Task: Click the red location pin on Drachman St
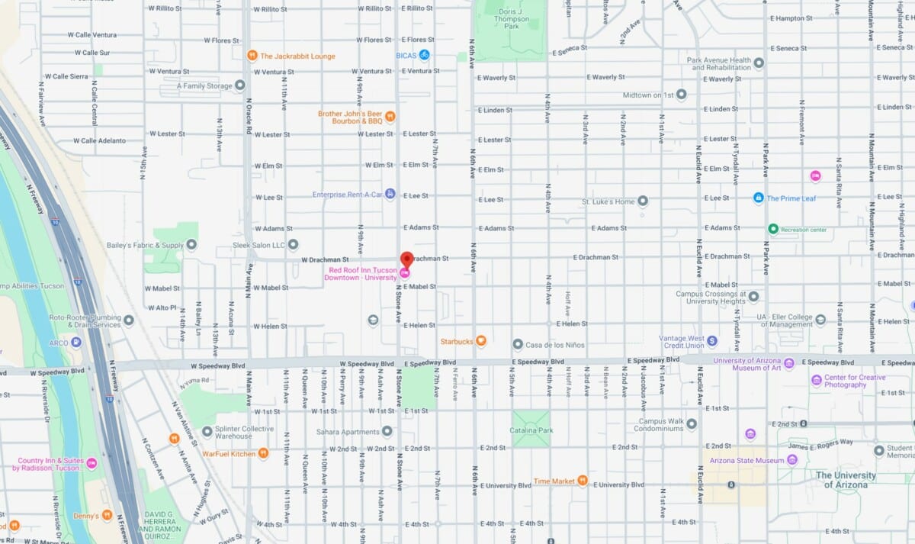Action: coord(406,259)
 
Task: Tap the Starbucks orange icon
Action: coord(481,341)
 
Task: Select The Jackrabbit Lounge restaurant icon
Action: coord(252,56)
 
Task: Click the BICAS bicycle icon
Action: coord(424,55)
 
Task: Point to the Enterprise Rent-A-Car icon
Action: coord(390,194)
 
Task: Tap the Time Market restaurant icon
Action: coord(583,481)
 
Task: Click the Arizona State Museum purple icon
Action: coord(792,460)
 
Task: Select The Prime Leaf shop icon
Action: coord(758,198)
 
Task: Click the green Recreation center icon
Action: coord(772,229)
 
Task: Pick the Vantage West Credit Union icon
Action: coord(711,341)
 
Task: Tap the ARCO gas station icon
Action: coord(75,343)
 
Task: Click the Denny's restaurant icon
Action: coord(107,516)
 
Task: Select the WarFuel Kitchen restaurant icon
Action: coord(263,453)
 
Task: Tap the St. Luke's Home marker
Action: coord(643,201)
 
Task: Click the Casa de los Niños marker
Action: coord(517,345)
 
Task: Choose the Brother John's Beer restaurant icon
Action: coord(390,117)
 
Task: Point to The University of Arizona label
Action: coord(846,480)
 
